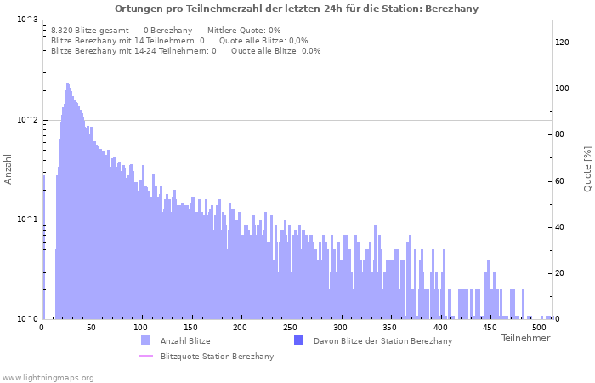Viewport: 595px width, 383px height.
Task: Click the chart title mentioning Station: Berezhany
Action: pyautogui.click(x=297, y=9)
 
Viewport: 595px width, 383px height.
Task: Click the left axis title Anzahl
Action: pyautogui.click(x=8, y=169)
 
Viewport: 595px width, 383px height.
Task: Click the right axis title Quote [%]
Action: pyautogui.click(x=587, y=169)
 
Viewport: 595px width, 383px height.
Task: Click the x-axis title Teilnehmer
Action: pyautogui.click(x=525, y=338)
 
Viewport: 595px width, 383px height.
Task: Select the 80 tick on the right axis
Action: pyautogui.click(x=560, y=134)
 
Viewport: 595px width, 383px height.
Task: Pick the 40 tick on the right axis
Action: pyautogui.click(x=560, y=227)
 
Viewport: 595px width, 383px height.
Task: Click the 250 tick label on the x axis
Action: pyautogui.click(x=291, y=327)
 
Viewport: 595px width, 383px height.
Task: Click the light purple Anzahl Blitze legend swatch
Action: pyautogui.click(x=145, y=340)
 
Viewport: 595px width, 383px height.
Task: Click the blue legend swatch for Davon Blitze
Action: pyautogui.click(x=298, y=340)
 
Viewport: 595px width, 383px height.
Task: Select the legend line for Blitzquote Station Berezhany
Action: pyautogui.click(x=145, y=356)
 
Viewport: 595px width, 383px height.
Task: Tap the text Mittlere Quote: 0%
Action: pyautogui.click(x=244, y=31)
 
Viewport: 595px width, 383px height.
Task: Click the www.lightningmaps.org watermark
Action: pyautogui.click(x=48, y=377)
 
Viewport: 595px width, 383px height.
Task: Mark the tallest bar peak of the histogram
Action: pyautogui.click(x=67, y=85)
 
